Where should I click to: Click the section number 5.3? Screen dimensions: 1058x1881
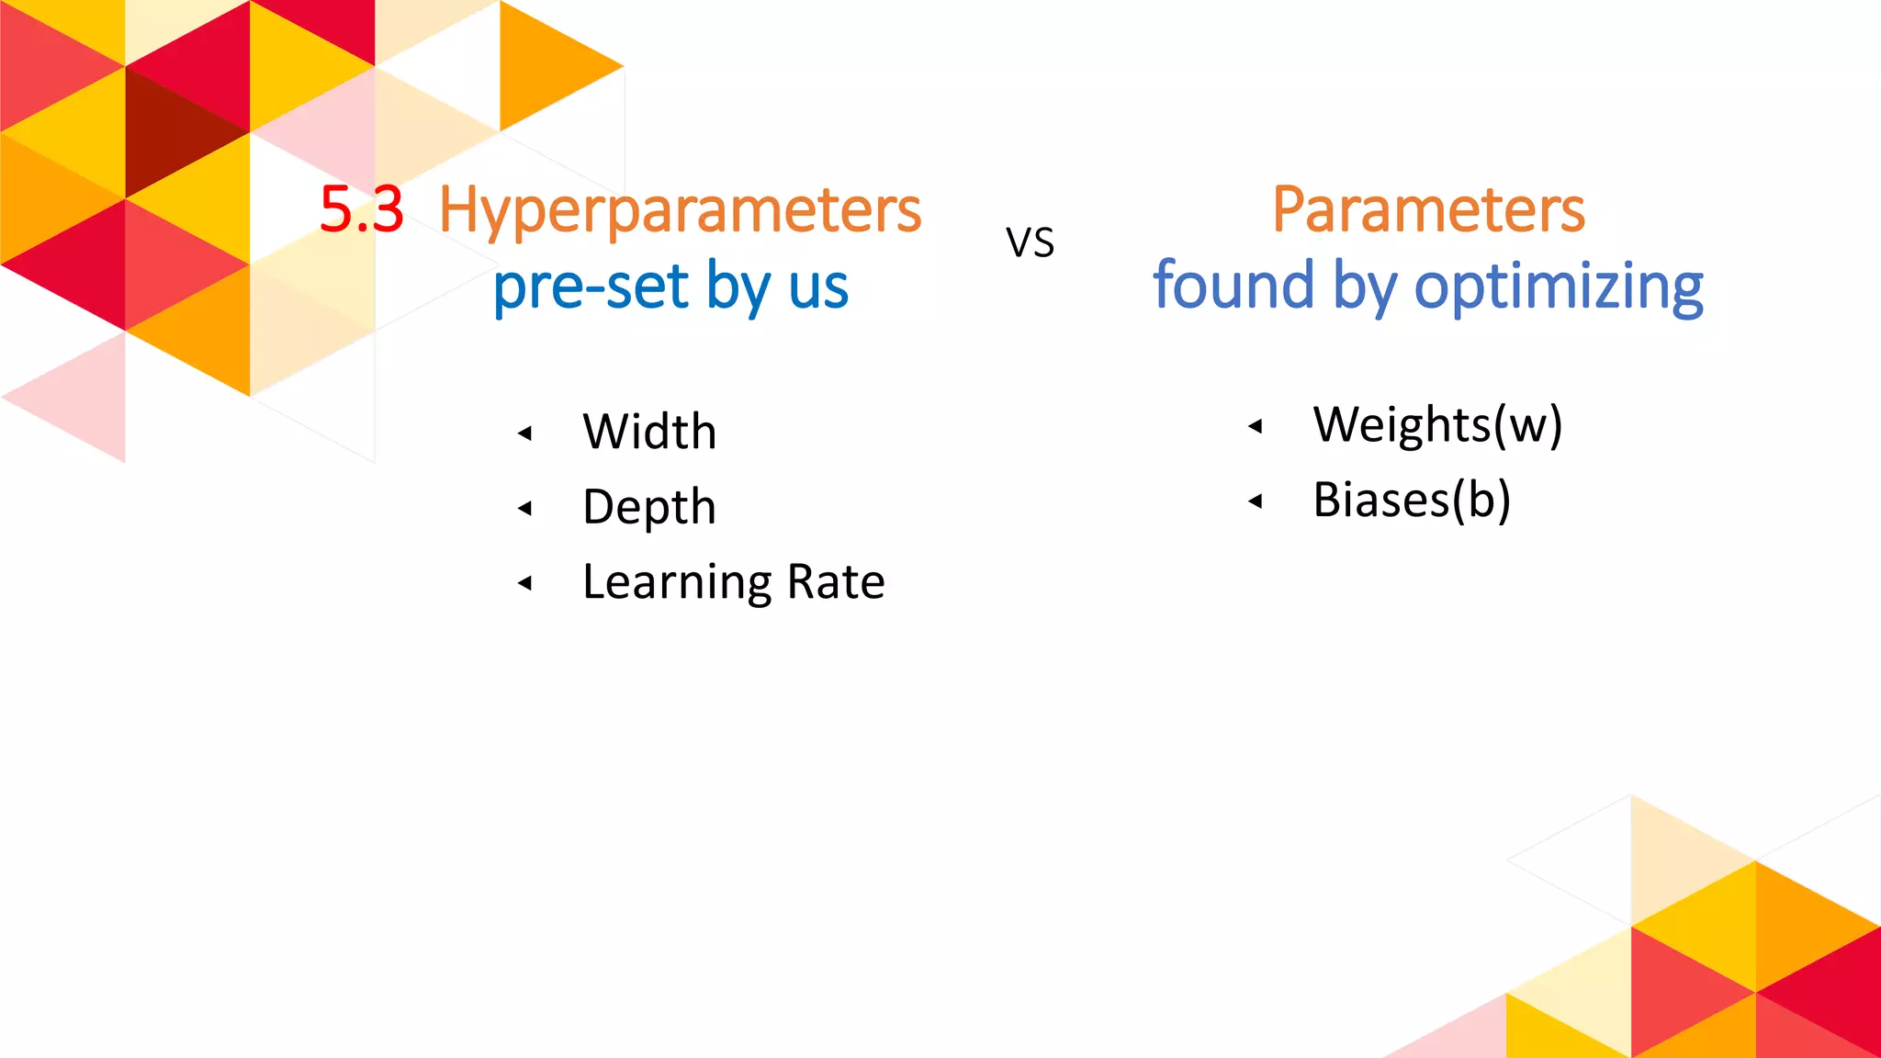coord(361,209)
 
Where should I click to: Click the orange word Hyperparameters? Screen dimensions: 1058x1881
coord(680,211)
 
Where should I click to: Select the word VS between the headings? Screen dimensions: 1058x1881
coord(1030,243)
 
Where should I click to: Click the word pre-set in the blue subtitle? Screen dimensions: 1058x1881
coord(591,287)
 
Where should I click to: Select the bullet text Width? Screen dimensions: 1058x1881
coord(649,432)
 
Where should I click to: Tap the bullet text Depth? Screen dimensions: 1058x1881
coord(649,507)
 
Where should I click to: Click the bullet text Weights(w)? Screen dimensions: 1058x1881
coord(1437,425)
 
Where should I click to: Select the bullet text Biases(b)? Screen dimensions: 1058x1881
coord(1412,501)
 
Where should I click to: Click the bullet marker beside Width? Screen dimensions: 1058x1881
coord(524,433)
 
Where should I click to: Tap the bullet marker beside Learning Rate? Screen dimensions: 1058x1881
coord(524,582)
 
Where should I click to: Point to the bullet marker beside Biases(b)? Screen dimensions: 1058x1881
coord(1255,501)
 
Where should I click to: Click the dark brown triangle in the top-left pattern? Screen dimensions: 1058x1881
coord(175,129)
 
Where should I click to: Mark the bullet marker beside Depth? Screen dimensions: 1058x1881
coord(524,508)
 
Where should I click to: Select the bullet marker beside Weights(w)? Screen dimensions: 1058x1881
coord(1255,425)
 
